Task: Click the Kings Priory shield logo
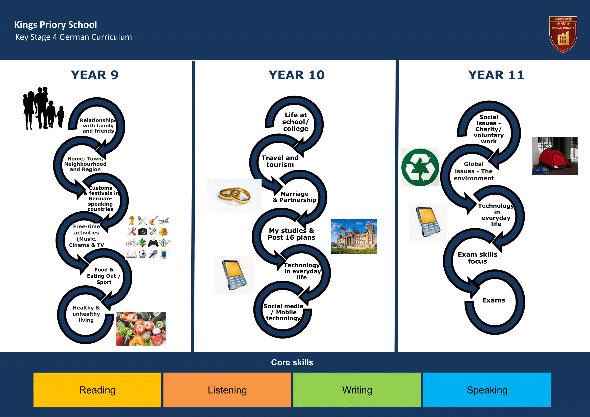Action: [x=563, y=34]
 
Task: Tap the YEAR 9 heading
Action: [x=95, y=75]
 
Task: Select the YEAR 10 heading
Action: [x=297, y=75]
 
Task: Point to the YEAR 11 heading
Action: [x=496, y=75]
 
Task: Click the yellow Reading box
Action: [x=97, y=390]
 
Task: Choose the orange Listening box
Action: [x=227, y=390]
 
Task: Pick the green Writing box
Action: [x=357, y=390]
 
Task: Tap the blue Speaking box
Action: [x=487, y=390]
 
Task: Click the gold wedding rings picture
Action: [x=234, y=196]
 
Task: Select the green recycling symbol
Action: [x=420, y=168]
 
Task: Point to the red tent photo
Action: [x=555, y=156]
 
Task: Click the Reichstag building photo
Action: [x=354, y=236]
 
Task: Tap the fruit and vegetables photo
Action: [x=141, y=329]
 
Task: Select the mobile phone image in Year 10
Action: [x=234, y=275]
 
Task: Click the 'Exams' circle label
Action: [x=494, y=300]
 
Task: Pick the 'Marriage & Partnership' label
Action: [x=294, y=197]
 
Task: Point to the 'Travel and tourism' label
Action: [x=280, y=161]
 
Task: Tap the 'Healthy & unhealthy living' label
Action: [x=86, y=314]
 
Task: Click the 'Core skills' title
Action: [x=292, y=362]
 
